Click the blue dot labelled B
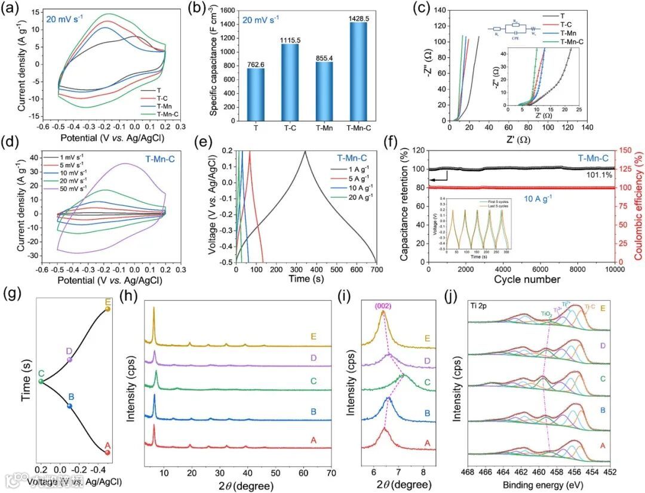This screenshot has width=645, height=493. (x=69, y=406)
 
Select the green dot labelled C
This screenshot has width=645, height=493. (x=41, y=381)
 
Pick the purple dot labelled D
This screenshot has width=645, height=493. (x=69, y=359)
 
